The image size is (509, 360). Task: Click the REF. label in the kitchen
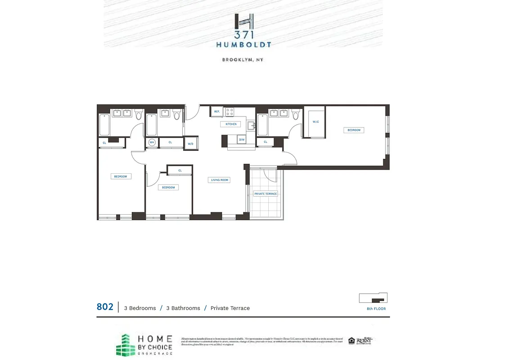217,112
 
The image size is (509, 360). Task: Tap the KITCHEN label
231,124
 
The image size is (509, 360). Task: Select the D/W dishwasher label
242,140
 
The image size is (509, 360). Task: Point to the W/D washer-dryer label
191,144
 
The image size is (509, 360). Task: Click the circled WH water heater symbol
152,142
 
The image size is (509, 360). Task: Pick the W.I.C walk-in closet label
315,122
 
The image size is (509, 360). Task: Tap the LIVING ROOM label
220,180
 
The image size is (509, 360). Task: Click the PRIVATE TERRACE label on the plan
266,194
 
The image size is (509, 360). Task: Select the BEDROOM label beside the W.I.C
354,130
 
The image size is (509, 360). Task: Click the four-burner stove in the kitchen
230,112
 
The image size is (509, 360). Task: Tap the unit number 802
105,307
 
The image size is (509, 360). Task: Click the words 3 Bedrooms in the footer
140,308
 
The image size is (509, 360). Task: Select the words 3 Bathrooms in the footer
183,308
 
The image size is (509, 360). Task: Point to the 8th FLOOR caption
376,309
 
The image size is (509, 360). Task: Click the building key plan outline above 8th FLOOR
373,298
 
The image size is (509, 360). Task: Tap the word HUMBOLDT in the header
243,45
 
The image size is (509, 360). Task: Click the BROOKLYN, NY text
243,60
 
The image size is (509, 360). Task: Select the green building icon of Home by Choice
125,345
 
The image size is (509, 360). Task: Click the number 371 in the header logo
243,35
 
